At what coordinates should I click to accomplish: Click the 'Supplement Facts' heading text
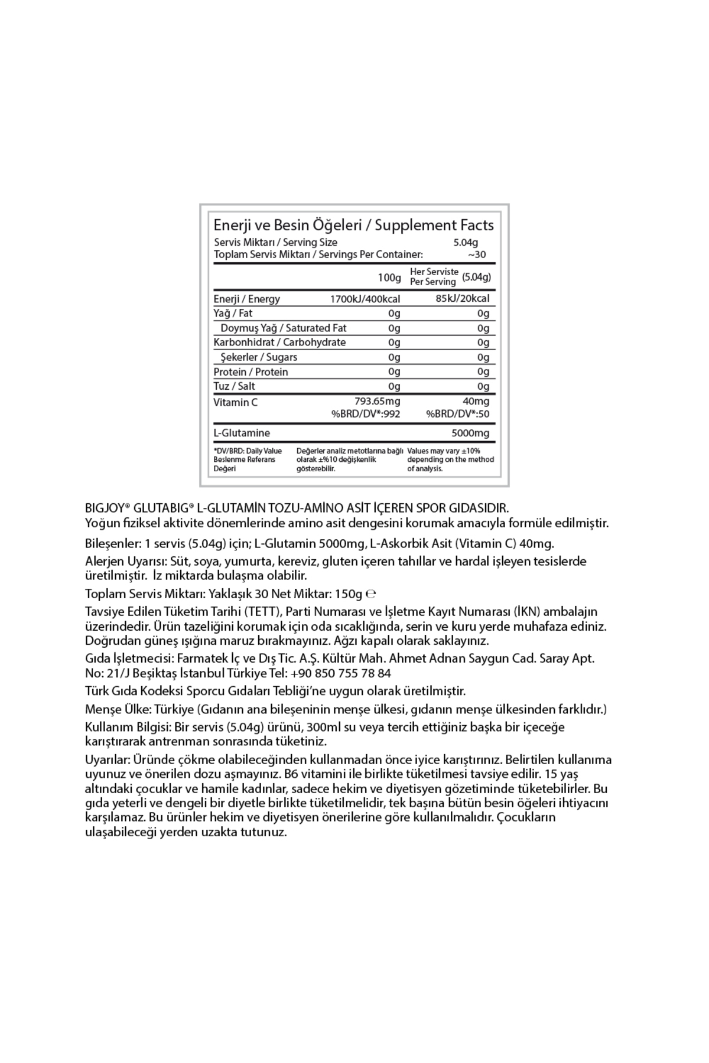click(x=434, y=225)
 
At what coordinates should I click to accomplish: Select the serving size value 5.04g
click(x=466, y=242)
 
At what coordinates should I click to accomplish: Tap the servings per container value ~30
click(x=477, y=255)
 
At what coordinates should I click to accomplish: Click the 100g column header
click(x=389, y=277)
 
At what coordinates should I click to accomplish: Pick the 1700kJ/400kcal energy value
click(x=365, y=299)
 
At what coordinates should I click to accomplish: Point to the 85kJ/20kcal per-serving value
click(x=463, y=298)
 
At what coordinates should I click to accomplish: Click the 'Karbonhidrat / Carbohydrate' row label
click(x=279, y=343)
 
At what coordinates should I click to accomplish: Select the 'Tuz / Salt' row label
click(x=235, y=386)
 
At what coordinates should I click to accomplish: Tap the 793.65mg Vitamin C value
click(x=377, y=402)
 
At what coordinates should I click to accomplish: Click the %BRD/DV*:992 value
click(x=366, y=414)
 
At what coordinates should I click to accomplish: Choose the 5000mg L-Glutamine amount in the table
click(x=470, y=433)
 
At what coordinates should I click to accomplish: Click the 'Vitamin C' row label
click(x=236, y=402)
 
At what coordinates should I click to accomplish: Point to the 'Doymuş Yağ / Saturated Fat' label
click(x=284, y=328)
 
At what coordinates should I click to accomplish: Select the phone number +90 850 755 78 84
click(x=340, y=673)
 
